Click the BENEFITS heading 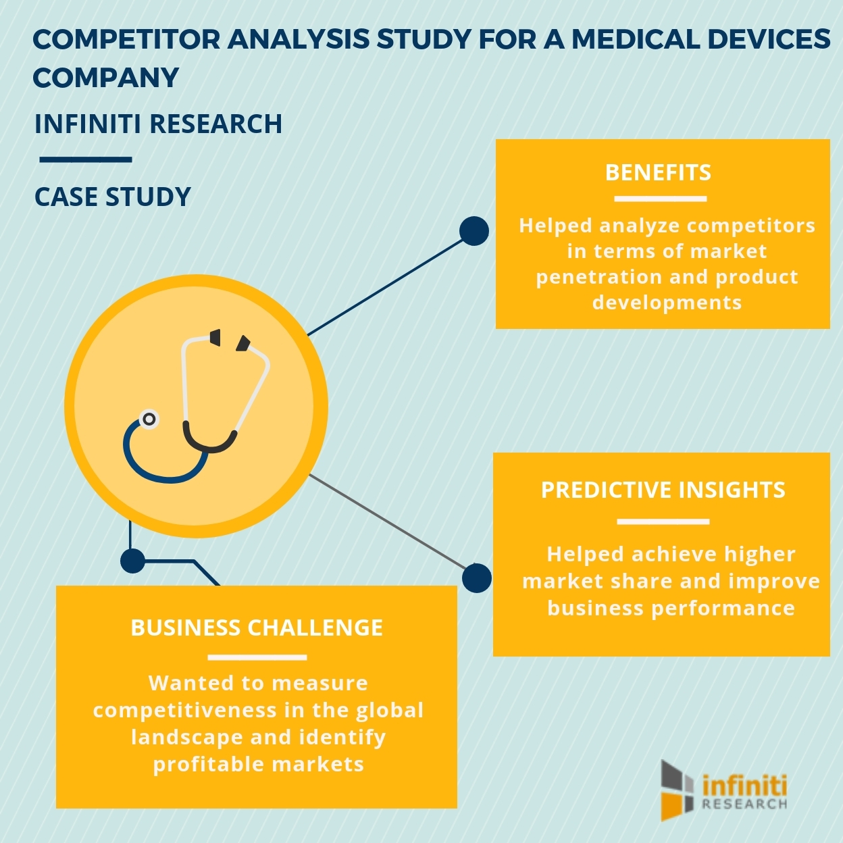coord(658,173)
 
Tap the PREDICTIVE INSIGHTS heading coord(663,490)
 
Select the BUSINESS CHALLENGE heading coord(257,628)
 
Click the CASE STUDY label coord(113,197)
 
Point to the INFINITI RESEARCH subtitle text coord(158,124)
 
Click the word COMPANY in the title coord(105,78)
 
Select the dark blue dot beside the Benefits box coord(474,231)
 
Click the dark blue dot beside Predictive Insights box coord(477,578)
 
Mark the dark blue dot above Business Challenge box coord(132,561)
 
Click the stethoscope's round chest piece coord(149,419)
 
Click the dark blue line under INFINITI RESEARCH coord(85,160)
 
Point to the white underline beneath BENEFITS coord(660,199)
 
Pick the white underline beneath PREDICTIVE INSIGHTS coord(663,521)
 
